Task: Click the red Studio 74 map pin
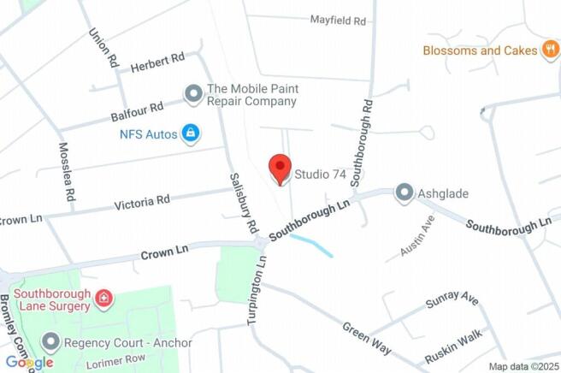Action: tap(280, 168)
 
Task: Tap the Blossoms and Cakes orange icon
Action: tap(552, 50)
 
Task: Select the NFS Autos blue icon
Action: tap(191, 133)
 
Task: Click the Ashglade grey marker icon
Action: tap(404, 193)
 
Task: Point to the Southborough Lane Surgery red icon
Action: tap(103, 299)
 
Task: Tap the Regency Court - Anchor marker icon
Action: tap(50, 343)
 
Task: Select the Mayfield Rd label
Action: tap(338, 20)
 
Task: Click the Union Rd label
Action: tap(101, 48)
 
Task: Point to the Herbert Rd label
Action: tap(157, 62)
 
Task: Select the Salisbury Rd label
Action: tap(244, 204)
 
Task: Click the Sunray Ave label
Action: tap(452, 303)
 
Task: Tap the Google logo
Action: tap(30, 363)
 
